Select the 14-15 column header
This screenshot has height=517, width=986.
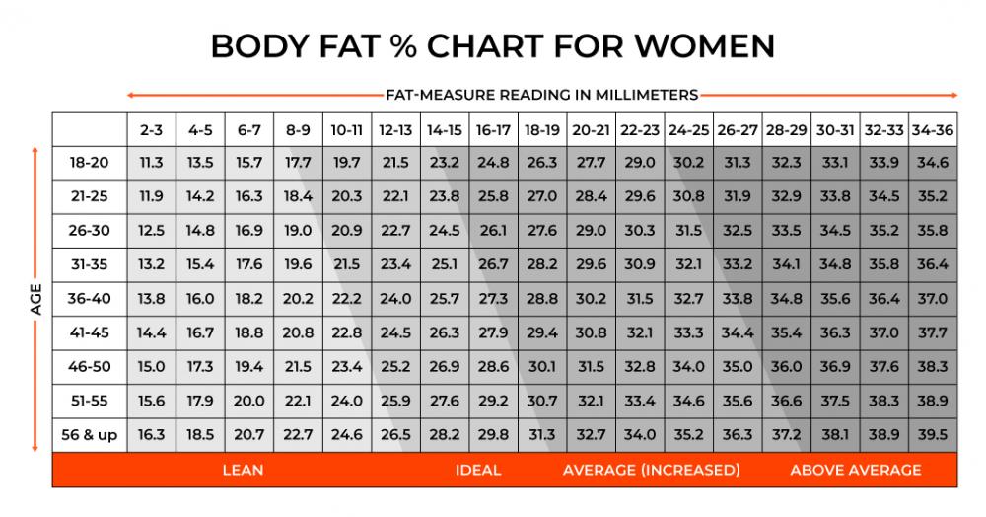(x=444, y=129)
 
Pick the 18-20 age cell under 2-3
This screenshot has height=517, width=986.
(x=151, y=163)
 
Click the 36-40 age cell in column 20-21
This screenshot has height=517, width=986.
(x=591, y=297)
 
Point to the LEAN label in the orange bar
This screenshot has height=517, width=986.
(x=243, y=470)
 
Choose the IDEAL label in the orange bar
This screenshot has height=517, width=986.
(x=478, y=470)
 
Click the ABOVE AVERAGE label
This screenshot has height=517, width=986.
(x=856, y=470)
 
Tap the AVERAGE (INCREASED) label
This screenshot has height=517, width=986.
(x=652, y=470)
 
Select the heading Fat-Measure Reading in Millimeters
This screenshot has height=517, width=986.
(x=541, y=95)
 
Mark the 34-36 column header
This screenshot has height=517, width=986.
(x=932, y=129)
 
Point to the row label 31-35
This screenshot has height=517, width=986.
(x=89, y=263)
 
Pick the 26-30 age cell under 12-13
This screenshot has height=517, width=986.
(x=394, y=230)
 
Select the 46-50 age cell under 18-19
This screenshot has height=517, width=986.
(x=541, y=365)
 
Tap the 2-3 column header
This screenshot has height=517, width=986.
(x=151, y=129)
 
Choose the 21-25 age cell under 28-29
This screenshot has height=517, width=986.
(x=786, y=196)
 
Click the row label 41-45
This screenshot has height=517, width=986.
(x=89, y=332)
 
